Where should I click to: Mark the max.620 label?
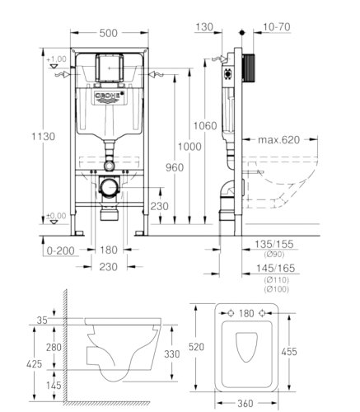pos(278,140)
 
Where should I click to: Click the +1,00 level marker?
pos(56,59)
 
